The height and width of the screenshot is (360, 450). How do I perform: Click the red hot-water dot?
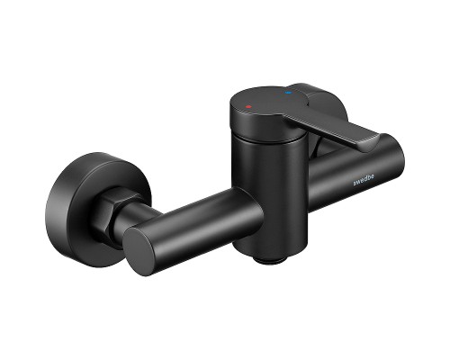pos(248,106)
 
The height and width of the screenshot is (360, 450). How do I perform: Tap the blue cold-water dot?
pos(289,93)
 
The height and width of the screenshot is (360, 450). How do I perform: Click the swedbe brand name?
pos(364,180)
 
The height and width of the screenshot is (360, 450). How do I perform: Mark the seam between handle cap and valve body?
pos(267,139)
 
